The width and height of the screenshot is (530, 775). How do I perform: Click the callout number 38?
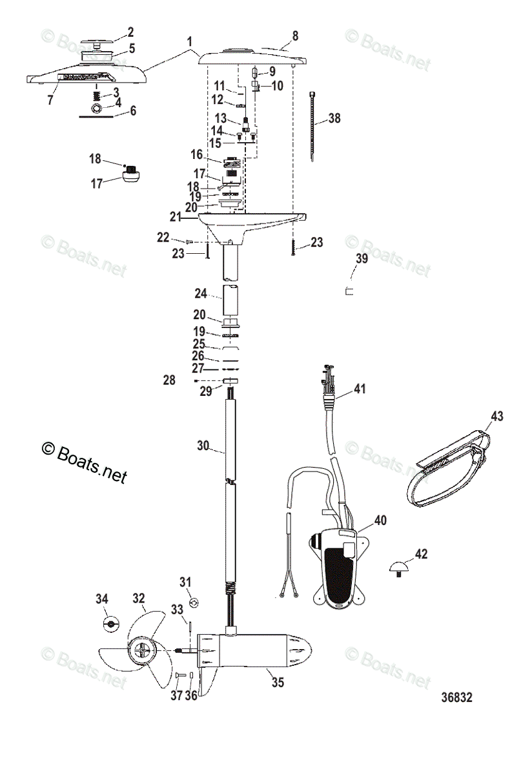tap(334, 118)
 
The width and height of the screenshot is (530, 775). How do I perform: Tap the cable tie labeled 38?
tap(312, 126)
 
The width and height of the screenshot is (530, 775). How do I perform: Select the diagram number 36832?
tap(457, 697)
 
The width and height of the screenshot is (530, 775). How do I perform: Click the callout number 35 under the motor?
tap(277, 681)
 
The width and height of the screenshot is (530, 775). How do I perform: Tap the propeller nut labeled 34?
tap(112, 625)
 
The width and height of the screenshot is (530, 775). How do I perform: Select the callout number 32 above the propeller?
tap(138, 598)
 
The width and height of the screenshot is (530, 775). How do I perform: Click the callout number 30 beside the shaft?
tap(203, 445)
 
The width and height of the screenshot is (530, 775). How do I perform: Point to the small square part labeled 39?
tap(349, 291)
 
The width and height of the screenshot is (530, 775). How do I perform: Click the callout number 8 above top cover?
tap(295, 36)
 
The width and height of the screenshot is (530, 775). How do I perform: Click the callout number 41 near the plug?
tap(360, 389)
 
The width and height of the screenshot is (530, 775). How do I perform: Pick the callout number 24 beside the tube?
tap(201, 294)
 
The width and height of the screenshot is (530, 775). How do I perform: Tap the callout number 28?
tap(168, 381)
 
